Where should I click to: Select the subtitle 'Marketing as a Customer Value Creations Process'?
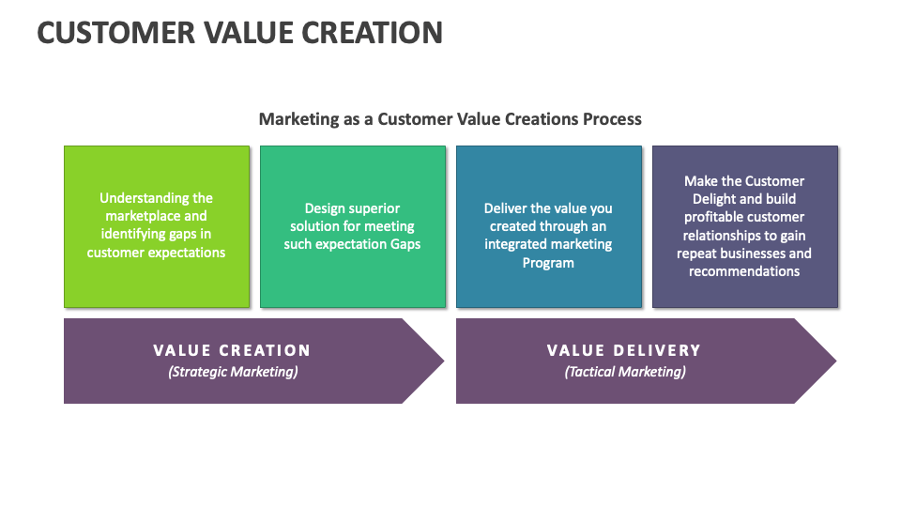pos(450,119)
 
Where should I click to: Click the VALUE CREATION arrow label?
pos(232,350)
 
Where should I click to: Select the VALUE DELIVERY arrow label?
pos(624,350)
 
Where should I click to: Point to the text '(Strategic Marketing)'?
pos(233,372)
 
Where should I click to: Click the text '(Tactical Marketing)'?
pos(625,372)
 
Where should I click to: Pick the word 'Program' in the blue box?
pos(548,263)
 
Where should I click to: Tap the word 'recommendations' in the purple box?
pos(744,271)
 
